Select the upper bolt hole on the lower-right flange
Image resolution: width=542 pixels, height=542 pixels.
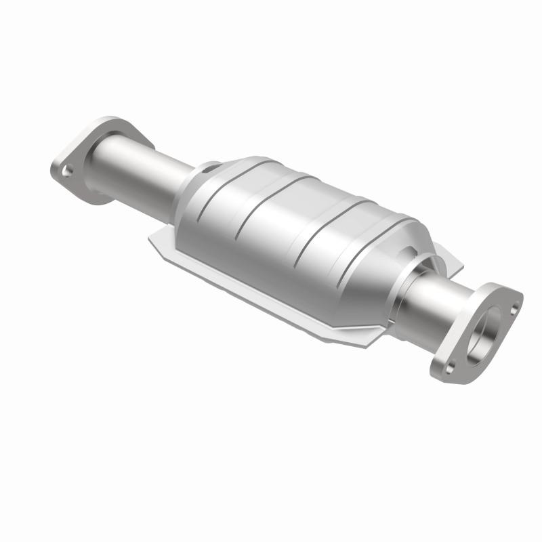coord(514,308)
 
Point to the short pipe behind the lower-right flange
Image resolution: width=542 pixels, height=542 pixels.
coord(434,298)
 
